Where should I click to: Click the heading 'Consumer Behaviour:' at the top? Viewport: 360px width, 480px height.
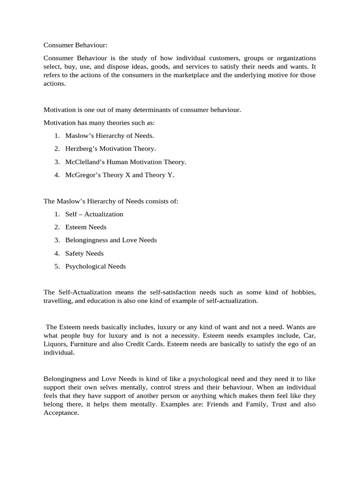coord(75,45)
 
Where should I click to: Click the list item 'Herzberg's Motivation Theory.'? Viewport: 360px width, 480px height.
coord(111,149)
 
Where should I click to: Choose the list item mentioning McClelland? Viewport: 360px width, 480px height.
coord(126,162)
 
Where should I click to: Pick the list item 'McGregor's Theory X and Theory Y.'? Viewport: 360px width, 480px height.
coord(120,175)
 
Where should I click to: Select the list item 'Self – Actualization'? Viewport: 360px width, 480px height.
coord(94,214)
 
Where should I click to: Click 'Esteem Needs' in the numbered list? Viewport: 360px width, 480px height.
coord(86,227)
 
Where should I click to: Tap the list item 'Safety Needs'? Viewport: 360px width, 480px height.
coord(84,253)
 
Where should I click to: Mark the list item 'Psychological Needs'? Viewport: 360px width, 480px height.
coord(96,266)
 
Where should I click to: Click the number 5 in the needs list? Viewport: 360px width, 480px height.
coord(56,266)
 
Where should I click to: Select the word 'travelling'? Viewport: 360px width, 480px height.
coord(58,301)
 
